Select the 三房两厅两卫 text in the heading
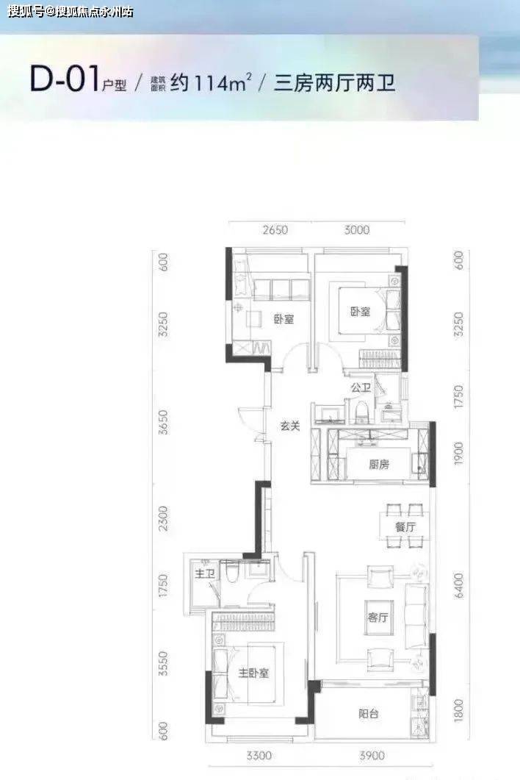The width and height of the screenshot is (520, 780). pyautogui.click(x=335, y=82)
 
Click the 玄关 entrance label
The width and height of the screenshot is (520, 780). pyautogui.click(x=290, y=426)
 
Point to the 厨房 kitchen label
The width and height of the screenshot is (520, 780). pyautogui.click(x=379, y=465)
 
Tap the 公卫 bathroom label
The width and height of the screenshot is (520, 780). pyautogui.click(x=361, y=387)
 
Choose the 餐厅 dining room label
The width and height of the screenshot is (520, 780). pyautogui.click(x=405, y=527)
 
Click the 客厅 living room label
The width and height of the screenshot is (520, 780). pyautogui.click(x=378, y=618)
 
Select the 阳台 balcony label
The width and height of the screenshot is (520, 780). pyautogui.click(x=369, y=714)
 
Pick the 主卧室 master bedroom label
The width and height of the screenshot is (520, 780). pyautogui.click(x=253, y=673)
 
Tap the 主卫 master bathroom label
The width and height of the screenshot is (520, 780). pyautogui.click(x=205, y=574)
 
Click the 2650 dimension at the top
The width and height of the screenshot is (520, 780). pyautogui.click(x=275, y=230)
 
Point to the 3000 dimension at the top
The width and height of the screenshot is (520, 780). pyautogui.click(x=357, y=230)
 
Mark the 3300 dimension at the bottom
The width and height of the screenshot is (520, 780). pyautogui.click(x=259, y=756)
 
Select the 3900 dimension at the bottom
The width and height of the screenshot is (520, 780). pyautogui.click(x=372, y=756)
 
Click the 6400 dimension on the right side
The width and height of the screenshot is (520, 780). pyautogui.click(x=458, y=585)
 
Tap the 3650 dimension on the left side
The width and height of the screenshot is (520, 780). pyautogui.click(x=162, y=422)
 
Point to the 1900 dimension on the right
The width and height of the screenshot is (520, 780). pyautogui.click(x=458, y=454)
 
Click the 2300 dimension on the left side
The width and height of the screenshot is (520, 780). pyautogui.click(x=162, y=518)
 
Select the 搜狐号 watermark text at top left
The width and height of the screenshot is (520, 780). pyautogui.click(x=26, y=11)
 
